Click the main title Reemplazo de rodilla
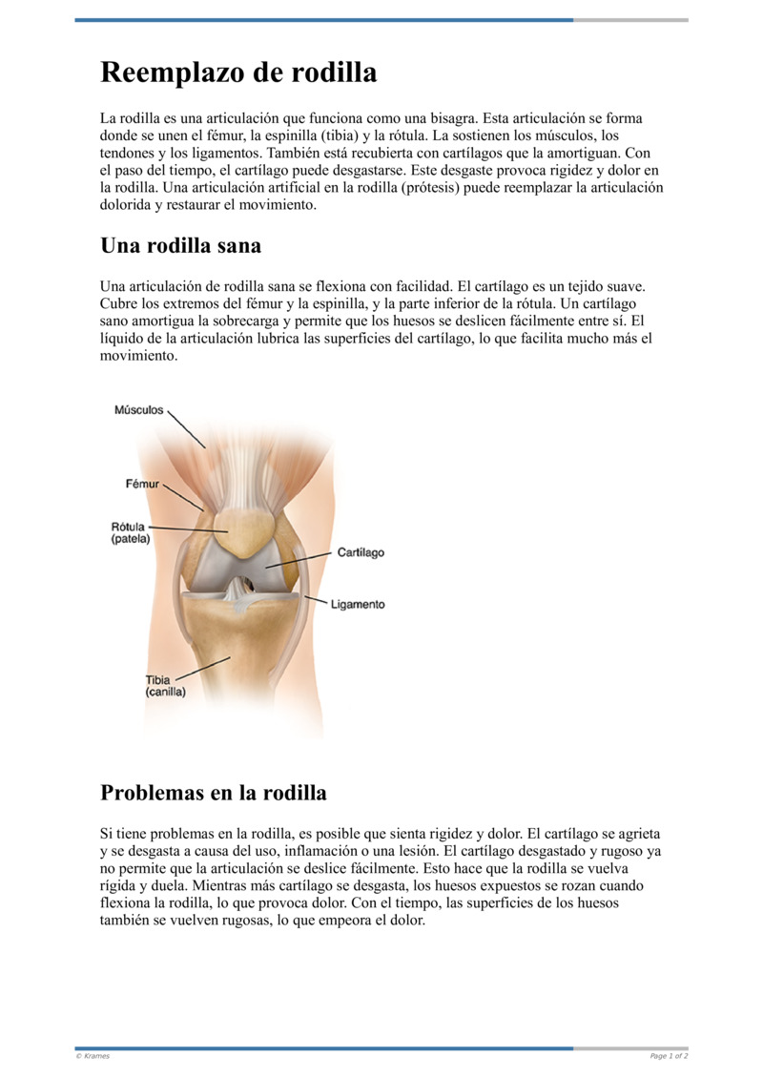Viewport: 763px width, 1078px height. tap(238, 73)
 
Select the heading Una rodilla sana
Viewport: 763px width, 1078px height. tap(180, 245)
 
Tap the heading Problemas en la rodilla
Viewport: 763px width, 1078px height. tap(213, 793)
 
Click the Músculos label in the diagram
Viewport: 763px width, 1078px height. tap(139, 411)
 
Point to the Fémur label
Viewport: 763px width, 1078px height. tap(143, 484)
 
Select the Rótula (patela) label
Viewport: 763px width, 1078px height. tap(131, 532)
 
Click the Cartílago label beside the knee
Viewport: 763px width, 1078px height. tap(361, 552)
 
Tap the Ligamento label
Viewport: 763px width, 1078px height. tap(358, 604)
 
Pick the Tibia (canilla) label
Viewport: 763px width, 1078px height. tap(165, 686)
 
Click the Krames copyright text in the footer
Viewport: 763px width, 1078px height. tap(93, 1056)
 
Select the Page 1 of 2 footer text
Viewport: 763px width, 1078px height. tap(669, 1056)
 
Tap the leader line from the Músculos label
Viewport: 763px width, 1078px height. tap(186, 429)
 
